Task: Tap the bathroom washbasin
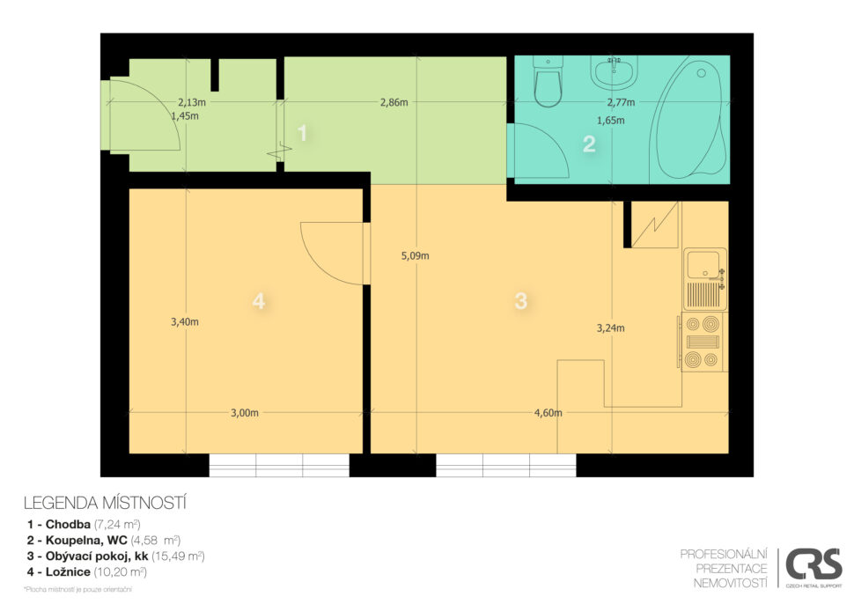[614, 72]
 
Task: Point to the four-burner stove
[703, 342]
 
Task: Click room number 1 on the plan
[303, 134]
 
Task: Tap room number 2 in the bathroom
[589, 144]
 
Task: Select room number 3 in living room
[520, 300]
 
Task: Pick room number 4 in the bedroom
[259, 300]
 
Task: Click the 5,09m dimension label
[415, 255]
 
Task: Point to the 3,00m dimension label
[245, 413]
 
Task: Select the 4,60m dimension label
[548, 413]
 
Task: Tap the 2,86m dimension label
[394, 102]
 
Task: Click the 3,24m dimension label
[610, 328]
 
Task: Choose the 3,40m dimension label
[185, 322]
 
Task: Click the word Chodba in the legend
[68, 525]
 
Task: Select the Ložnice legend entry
[87, 572]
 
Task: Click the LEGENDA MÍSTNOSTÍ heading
[105, 503]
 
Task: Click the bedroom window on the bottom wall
[279, 465]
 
